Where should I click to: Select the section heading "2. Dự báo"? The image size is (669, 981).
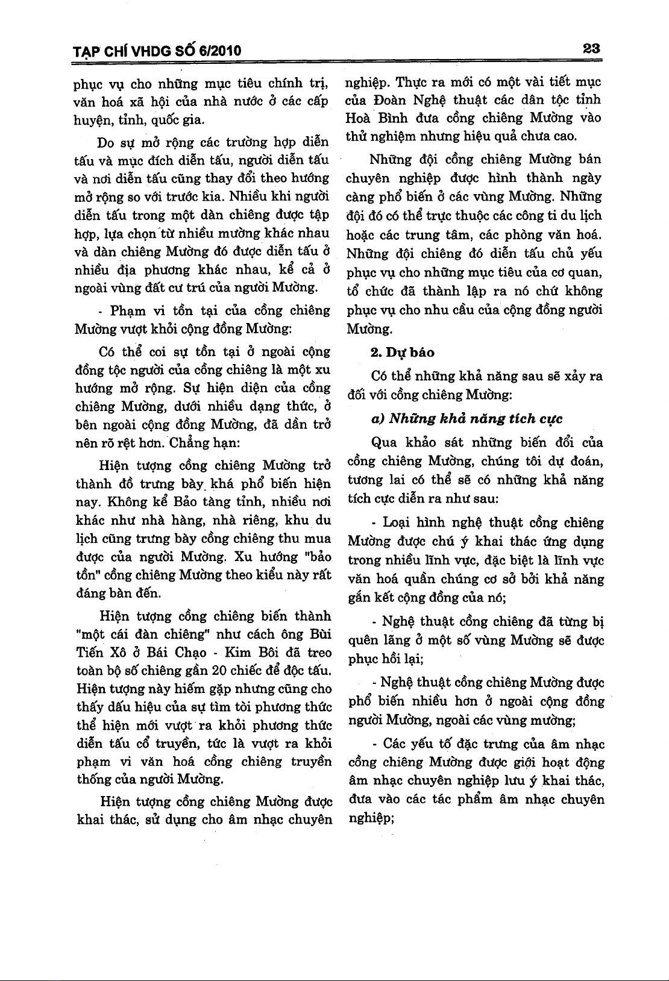point(402,352)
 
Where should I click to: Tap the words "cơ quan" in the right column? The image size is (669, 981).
point(579,272)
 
